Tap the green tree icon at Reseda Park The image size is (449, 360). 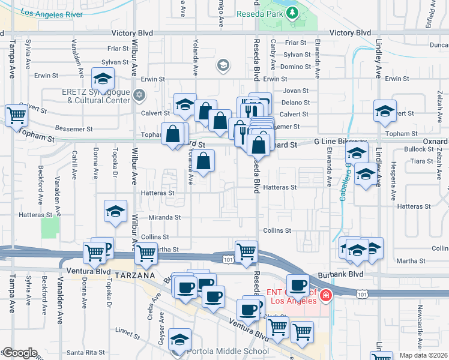point(292,13)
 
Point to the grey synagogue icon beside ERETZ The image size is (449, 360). point(139,94)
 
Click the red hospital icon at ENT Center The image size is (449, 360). point(325,295)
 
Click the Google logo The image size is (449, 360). point(20,353)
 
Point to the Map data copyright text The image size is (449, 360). point(423,355)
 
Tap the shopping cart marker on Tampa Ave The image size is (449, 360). point(17,115)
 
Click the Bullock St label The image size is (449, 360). point(418,149)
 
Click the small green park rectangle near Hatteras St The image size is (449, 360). point(50,227)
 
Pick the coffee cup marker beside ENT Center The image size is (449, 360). point(298,284)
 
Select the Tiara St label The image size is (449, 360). point(421,161)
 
